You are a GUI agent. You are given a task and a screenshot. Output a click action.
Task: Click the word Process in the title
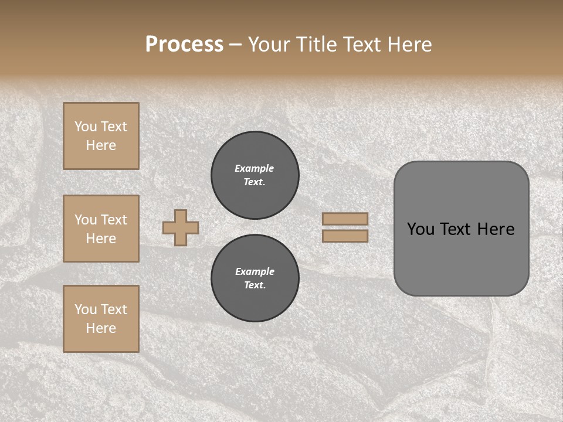[x=184, y=44]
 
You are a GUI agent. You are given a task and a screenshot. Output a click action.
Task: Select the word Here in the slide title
[x=409, y=44]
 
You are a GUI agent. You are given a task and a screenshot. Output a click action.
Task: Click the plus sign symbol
[x=181, y=227]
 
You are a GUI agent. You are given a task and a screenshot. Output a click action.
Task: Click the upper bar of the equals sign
[x=345, y=219]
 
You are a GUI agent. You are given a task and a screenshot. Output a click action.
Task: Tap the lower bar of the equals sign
[x=345, y=236]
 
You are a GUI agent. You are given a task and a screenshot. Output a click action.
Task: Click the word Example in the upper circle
[x=254, y=168]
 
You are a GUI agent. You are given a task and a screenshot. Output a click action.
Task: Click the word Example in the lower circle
[x=255, y=271]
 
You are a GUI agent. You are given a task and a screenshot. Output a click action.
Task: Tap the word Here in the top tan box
[x=101, y=145]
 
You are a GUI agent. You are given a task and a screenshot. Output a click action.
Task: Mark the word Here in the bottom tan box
[x=101, y=328]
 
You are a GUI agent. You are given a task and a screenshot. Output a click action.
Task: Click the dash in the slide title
[x=235, y=45]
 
